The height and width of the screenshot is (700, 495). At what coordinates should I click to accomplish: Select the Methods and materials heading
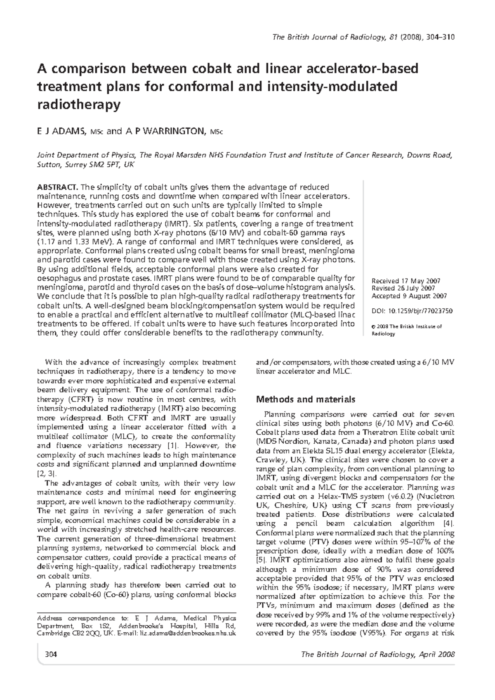coord(306,399)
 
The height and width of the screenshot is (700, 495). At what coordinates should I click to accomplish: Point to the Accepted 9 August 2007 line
coord(409,296)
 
